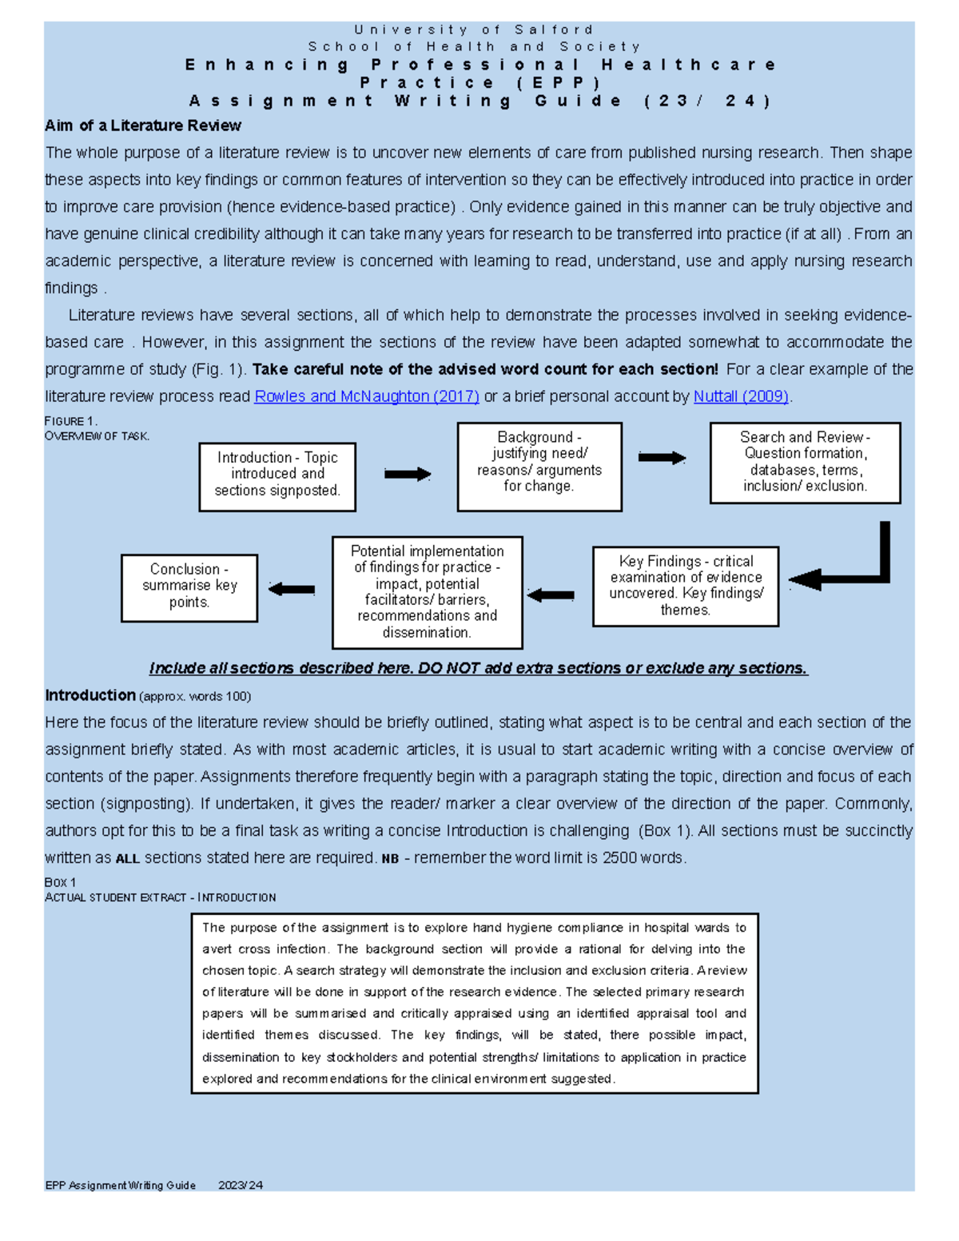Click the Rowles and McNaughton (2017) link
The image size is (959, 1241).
(366, 396)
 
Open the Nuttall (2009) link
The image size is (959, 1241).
(741, 396)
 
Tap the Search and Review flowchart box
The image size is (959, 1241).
(805, 462)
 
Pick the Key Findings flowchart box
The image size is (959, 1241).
(686, 586)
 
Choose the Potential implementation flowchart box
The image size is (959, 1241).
(427, 591)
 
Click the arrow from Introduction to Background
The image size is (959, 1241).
(408, 475)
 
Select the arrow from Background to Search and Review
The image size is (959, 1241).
(662, 458)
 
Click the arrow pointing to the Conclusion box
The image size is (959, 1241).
(292, 590)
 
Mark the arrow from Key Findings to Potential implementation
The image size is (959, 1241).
(551, 595)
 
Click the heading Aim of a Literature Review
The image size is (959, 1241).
(143, 125)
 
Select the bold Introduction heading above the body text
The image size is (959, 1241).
(90, 695)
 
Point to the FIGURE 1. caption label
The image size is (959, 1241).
(71, 421)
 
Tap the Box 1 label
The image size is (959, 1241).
(61, 882)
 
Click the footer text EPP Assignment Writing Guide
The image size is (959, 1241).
(121, 1185)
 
